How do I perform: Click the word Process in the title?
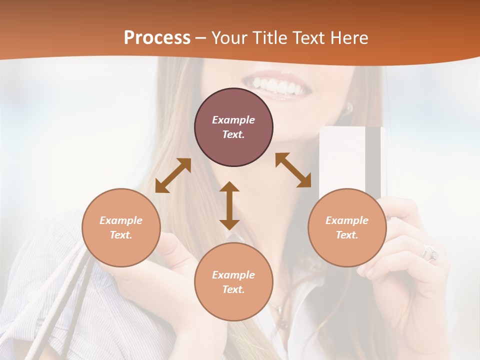(x=157, y=37)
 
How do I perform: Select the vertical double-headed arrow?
(x=229, y=205)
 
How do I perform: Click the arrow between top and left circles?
(x=173, y=175)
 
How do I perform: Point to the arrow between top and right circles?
(x=293, y=170)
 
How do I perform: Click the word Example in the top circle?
(x=233, y=120)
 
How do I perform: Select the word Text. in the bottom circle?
(x=233, y=289)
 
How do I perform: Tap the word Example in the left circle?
(x=121, y=220)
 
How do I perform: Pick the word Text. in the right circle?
(x=347, y=235)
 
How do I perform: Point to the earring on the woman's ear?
(x=349, y=108)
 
